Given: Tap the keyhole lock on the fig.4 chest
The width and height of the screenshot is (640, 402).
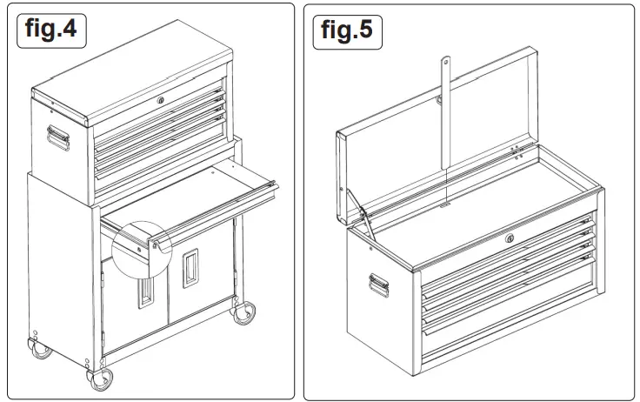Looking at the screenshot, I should (x=162, y=102).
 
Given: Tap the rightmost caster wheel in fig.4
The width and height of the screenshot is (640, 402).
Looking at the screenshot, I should (x=244, y=312).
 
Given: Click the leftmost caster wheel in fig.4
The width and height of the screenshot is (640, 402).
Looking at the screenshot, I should (x=39, y=349).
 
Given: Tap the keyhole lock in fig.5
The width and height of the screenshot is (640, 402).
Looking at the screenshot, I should (x=510, y=239).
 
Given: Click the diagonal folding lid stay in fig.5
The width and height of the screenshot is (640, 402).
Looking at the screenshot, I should (x=363, y=222).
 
